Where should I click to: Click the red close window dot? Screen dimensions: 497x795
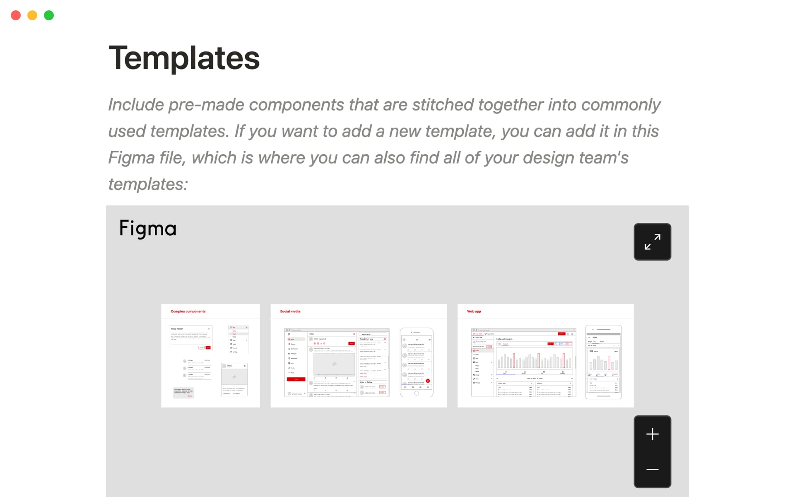tap(16, 15)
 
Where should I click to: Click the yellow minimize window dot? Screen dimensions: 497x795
tap(32, 15)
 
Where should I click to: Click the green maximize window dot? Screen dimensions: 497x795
tap(49, 15)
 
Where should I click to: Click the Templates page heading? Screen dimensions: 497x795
tap(184, 58)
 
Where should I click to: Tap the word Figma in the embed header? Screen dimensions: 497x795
tap(148, 228)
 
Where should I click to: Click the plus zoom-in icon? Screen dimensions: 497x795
tap(652, 434)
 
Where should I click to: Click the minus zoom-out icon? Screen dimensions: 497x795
tap(652, 469)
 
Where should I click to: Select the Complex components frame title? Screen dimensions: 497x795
tap(188, 311)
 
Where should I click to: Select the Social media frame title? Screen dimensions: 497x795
tap(290, 311)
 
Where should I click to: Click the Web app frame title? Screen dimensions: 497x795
tap(474, 311)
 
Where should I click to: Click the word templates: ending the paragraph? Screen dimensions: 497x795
tap(148, 184)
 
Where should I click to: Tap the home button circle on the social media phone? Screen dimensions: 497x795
tap(417, 393)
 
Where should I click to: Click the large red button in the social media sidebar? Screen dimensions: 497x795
tap(296, 379)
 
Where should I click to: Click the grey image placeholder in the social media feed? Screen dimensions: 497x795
tap(334, 364)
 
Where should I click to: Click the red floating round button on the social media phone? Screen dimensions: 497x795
tap(428, 381)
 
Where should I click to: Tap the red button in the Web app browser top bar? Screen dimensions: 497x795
tap(561, 333)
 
